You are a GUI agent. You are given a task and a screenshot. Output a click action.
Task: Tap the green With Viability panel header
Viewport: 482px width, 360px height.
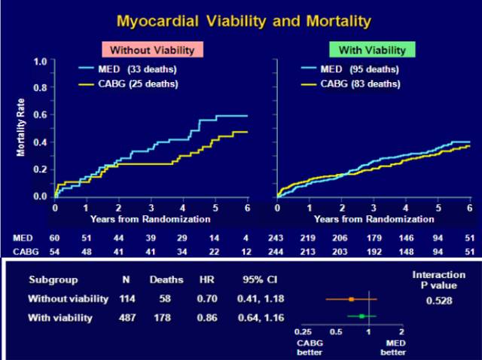pos(372,50)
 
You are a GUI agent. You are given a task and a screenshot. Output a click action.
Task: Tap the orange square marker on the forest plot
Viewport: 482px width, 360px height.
pos(351,300)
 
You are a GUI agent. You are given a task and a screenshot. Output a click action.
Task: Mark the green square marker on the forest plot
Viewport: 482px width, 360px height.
pos(361,317)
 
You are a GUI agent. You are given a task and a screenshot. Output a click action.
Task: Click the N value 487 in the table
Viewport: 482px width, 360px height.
pos(127,318)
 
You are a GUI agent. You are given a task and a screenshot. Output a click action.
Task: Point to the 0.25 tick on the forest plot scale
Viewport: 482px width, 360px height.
pos(304,331)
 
